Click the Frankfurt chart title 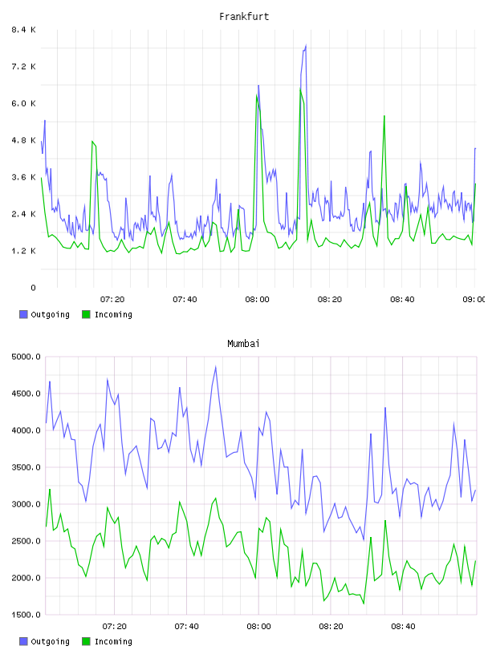tap(244, 17)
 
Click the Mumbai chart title tap(243, 344)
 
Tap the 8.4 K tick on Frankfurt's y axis tap(23, 30)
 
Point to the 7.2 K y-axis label tap(23, 67)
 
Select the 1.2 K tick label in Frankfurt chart tap(23, 251)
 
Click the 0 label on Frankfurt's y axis tap(33, 288)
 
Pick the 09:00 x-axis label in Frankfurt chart tap(474, 300)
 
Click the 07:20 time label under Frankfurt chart tap(112, 300)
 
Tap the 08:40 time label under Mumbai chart tap(403, 627)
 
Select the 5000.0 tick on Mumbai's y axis tap(26, 357)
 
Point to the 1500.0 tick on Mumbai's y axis tap(26, 615)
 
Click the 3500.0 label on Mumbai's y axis tap(26, 467)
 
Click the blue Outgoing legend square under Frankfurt tap(23, 314)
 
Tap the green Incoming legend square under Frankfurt tap(86, 314)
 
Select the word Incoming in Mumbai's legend tap(113, 641)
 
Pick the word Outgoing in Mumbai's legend tap(50, 641)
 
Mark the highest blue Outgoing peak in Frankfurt tap(306, 45)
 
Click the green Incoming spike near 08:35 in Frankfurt tap(384, 116)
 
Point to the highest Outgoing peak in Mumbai tap(216, 366)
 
